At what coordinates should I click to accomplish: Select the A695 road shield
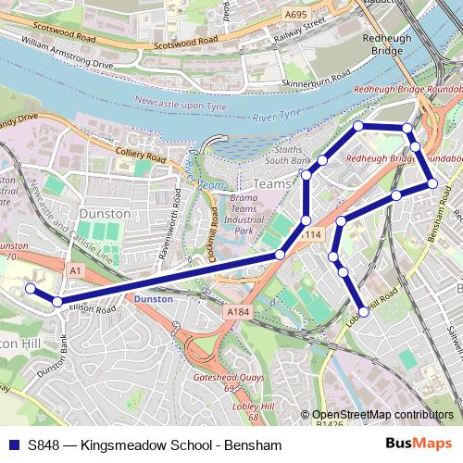tap(296, 15)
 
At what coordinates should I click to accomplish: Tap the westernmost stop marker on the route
tap(30, 289)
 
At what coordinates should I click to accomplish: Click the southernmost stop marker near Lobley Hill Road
tap(363, 313)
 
